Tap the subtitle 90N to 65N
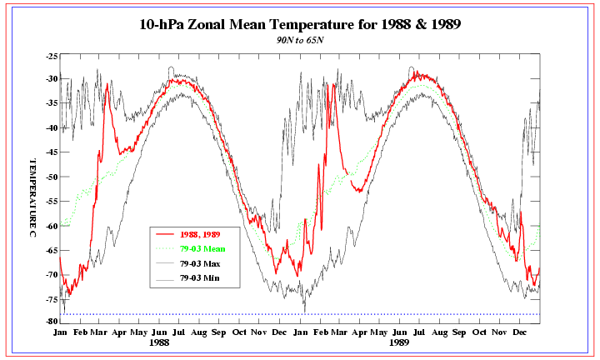click(x=300, y=40)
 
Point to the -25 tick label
click(x=52, y=56)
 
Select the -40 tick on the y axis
click(x=52, y=128)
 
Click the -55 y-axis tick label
click(x=52, y=202)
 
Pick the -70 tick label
click(x=52, y=274)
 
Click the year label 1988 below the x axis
click(x=159, y=342)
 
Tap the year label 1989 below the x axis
click(x=400, y=342)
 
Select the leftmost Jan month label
click(x=61, y=332)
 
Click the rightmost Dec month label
click(x=521, y=332)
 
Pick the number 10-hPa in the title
click(x=167, y=24)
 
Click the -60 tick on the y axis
click(x=52, y=226)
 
